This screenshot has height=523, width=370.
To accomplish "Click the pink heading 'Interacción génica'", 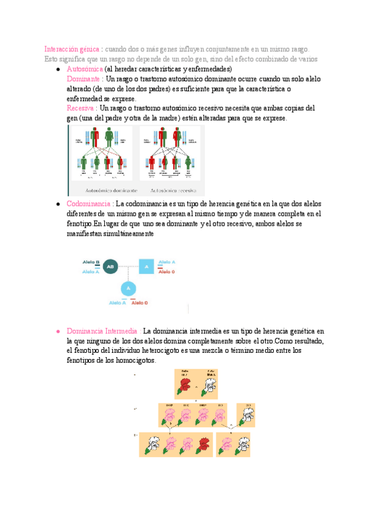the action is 72,49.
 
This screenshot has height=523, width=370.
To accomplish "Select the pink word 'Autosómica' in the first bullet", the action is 84,70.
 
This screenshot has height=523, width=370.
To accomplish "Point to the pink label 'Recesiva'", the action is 81,108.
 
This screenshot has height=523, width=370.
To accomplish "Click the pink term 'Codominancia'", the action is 89,204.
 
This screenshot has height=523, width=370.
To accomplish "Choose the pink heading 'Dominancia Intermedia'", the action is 102,331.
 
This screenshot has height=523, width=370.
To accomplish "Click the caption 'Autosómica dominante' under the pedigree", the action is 102,191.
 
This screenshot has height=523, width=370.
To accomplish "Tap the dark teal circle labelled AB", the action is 110,266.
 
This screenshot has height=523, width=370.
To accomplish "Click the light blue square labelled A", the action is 146,266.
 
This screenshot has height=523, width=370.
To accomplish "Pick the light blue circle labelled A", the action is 128,289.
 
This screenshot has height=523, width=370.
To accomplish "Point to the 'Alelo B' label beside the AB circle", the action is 91,262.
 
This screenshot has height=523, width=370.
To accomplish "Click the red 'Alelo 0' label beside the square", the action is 166,271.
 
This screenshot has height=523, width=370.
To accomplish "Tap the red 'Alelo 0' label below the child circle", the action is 139,303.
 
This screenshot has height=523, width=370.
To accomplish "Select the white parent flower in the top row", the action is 210,385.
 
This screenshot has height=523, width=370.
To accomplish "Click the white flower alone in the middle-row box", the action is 247,415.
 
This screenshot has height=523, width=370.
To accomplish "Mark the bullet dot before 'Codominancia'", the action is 57,204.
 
